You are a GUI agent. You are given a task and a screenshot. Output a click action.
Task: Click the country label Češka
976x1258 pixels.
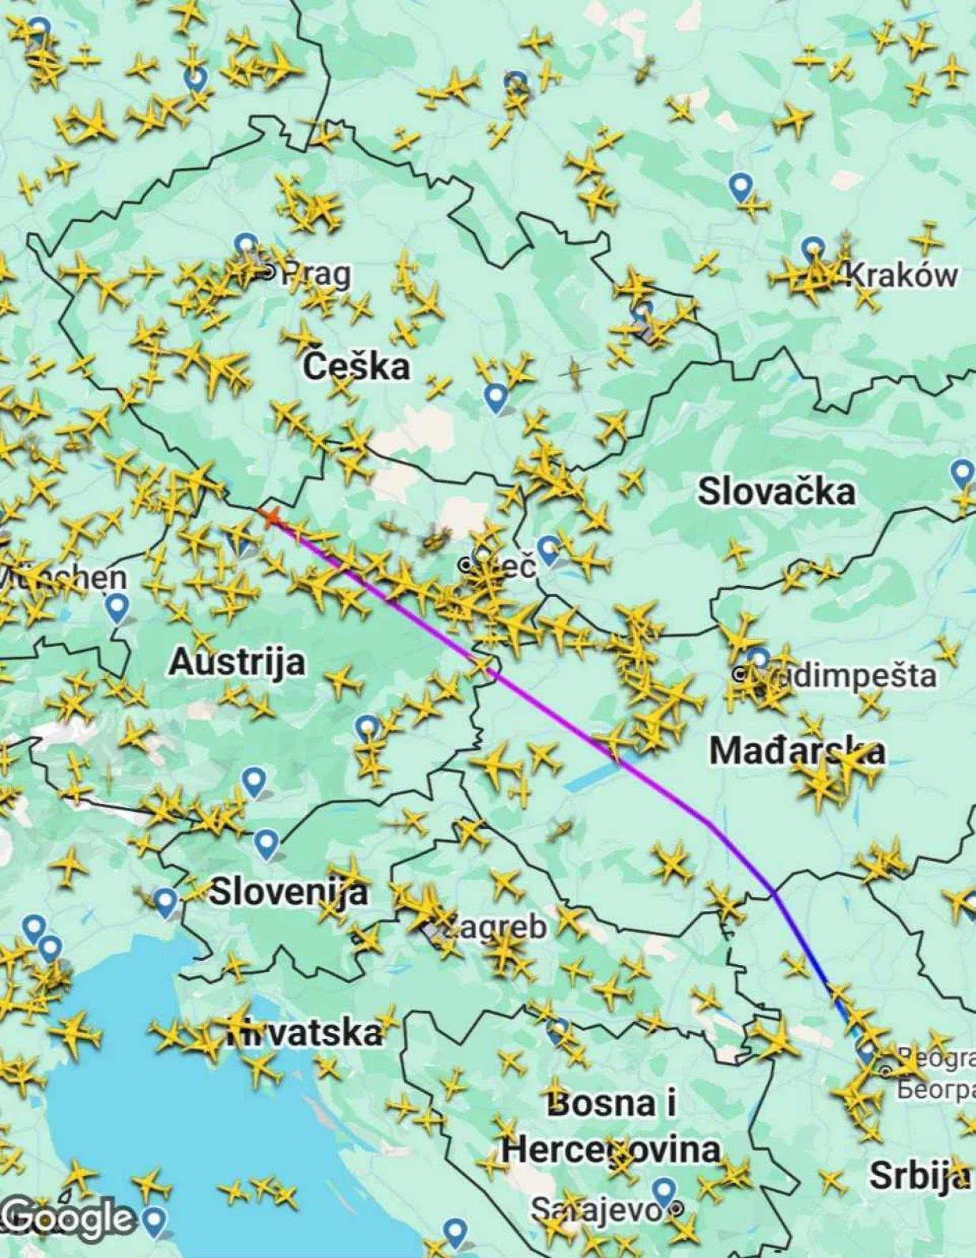[356, 366]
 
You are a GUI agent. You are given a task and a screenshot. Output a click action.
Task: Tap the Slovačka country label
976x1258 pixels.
[776, 491]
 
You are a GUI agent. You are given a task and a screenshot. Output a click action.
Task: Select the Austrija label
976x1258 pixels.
[237, 662]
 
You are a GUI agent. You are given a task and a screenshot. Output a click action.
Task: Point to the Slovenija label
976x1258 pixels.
[288, 892]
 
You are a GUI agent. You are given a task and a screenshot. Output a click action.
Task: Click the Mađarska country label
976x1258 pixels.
[797, 750]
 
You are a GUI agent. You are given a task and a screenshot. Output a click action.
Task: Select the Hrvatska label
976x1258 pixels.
[304, 1032]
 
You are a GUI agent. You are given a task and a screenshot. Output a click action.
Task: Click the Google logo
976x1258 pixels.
[67, 1217]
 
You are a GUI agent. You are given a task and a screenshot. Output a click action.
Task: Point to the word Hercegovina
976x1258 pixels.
[610, 1149]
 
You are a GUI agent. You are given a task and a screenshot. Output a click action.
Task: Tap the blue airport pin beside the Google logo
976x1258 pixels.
[155, 1220]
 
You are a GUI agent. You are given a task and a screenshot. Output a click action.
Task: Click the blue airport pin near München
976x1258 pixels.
[117, 608]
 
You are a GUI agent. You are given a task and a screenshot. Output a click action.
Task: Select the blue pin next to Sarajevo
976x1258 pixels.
[664, 1192]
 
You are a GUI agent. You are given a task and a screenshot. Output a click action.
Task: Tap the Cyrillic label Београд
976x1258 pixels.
[936, 1090]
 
